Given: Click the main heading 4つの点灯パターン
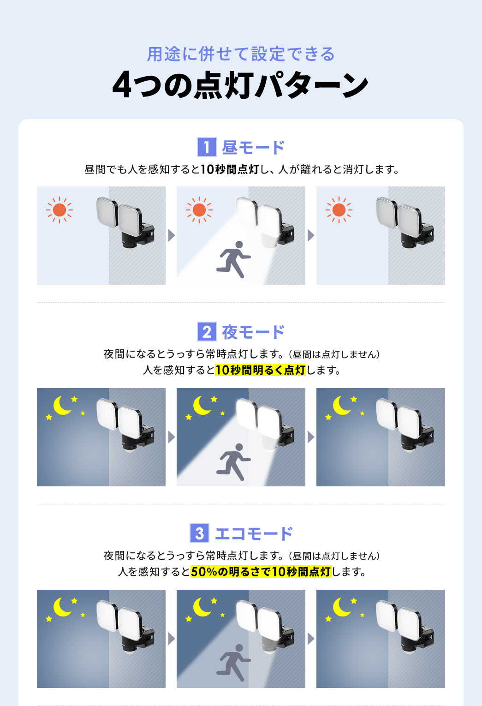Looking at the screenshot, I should pyautogui.click(x=240, y=85).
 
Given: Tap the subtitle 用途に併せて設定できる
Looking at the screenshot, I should pyautogui.click(x=241, y=54).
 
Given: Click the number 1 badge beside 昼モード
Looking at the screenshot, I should pyautogui.click(x=206, y=147).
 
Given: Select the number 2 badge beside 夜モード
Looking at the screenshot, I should pyautogui.click(x=206, y=332).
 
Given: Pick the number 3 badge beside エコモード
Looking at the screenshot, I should pyautogui.click(x=199, y=533).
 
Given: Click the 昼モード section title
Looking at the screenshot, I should pyautogui.click(x=253, y=148).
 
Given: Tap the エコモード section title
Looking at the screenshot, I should pyautogui.click(x=253, y=534).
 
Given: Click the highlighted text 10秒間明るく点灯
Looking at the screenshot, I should pyautogui.click(x=260, y=370).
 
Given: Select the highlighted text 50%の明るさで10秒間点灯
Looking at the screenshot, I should pyautogui.click(x=261, y=572).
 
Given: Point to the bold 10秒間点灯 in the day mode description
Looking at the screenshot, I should pyautogui.click(x=230, y=170).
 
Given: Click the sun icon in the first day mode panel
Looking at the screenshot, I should pyautogui.click(x=60, y=210).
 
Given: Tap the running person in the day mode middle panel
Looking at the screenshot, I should pyautogui.click(x=233, y=259).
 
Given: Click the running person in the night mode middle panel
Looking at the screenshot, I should pyautogui.click(x=233, y=462).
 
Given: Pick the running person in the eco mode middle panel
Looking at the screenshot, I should pyautogui.click(x=233, y=663).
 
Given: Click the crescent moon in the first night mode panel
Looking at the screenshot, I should pyautogui.click(x=62, y=406).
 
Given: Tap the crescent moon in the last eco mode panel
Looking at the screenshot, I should pyautogui.click(x=342, y=607).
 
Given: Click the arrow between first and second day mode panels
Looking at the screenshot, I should pyautogui.click(x=172, y=236).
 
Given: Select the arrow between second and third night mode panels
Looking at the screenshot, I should pyautogui.click(x=311, y=437).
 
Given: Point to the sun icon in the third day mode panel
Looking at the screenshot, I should pyautogui.click(x=339, y=210).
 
